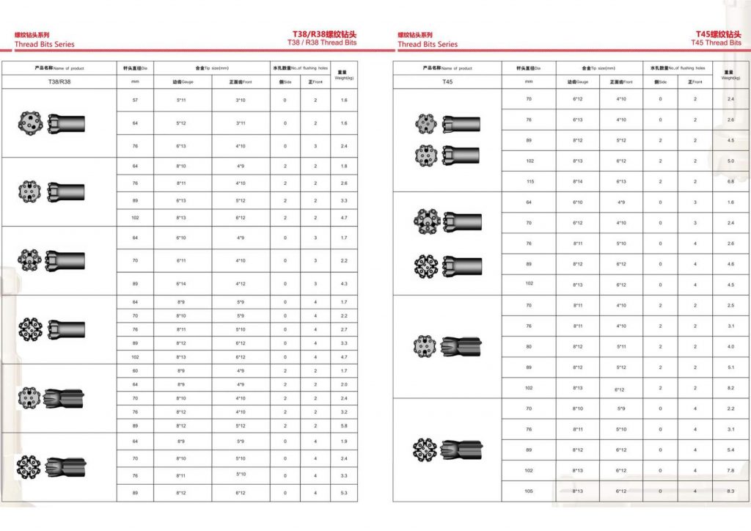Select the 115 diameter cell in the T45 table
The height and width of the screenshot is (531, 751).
tap(530, 181)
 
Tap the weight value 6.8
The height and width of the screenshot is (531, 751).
tap(730, 181)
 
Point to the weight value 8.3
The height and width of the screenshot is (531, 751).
tap(730, 491)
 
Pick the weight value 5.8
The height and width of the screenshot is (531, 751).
tap(344, 425)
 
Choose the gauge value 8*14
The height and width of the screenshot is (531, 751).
tap(577, 181)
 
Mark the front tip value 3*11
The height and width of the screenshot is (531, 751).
tap(241, 123)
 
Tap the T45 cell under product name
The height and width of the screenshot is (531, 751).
tap(448, 81)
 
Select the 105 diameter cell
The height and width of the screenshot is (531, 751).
tap(530, 491)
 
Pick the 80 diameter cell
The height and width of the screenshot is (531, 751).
tap(530, 346)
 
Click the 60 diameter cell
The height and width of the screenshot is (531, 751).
tap(135, 371)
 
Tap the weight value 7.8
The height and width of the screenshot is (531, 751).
tap(730, 470)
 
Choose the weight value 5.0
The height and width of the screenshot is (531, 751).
tap(730, 161)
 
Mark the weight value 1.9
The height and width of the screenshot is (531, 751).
tap(344, 442)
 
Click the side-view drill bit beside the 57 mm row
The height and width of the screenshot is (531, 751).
tap(67, 123)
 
